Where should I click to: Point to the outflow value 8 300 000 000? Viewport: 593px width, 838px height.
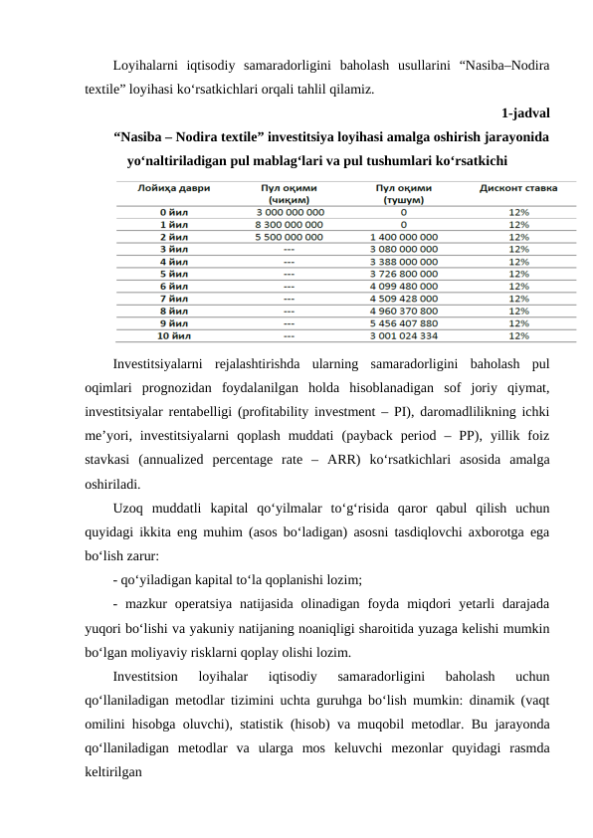coord(290,224)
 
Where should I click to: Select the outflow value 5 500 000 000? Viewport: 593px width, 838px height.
coord(290,237)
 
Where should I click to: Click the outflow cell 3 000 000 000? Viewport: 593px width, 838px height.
coord(290,211)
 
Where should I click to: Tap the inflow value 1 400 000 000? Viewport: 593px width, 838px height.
coord(403,237)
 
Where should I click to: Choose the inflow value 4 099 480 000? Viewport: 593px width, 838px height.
coord(403,286)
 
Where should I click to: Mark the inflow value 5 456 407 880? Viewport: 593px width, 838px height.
coord(403,322)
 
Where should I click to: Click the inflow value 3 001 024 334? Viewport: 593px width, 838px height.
coord(403,335)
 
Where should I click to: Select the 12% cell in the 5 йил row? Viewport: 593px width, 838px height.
coord(518,274)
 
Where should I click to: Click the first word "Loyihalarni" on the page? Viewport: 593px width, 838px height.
coord(146,65)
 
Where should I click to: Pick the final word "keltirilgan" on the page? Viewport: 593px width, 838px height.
coord(112,771)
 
